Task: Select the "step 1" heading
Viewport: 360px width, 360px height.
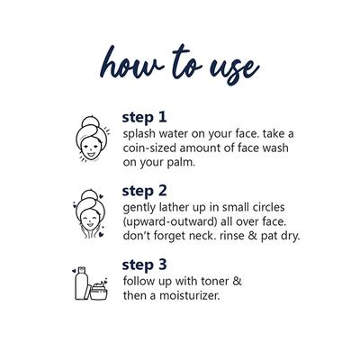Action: click(144, 118)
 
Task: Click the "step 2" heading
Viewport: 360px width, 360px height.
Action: click(144, 191)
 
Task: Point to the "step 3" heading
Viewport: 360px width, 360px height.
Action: click(144, 265)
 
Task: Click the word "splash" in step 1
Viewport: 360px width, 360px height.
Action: click(139, 134)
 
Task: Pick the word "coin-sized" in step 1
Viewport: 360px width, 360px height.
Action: click(149, 148)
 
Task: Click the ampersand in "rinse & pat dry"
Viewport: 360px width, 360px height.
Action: click(253, 236)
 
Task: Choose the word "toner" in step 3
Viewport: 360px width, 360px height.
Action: click(216, 282)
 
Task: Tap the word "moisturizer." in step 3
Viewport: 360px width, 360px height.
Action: click(190, 296)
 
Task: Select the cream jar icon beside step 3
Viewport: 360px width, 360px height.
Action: click(99, 291)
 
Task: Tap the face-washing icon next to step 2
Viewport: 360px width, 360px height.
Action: click(89, 213)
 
